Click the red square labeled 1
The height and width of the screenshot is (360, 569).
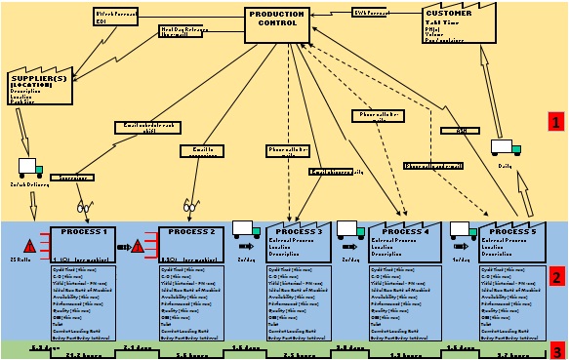coord(556,123)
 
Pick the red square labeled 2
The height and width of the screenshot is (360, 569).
coord(556,277)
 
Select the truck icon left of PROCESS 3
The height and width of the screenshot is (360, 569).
coord(245,230)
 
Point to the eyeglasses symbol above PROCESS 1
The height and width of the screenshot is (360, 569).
coord(84,207)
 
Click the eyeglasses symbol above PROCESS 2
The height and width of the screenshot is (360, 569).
coord(191,207)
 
